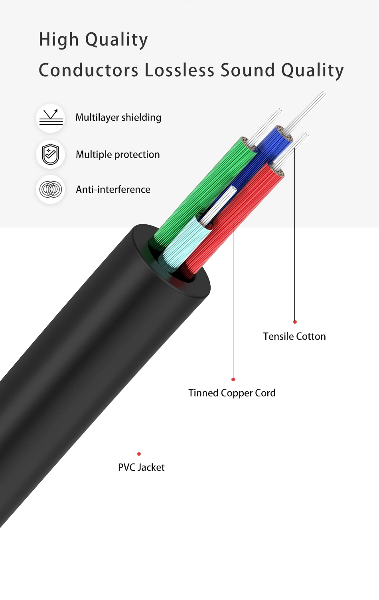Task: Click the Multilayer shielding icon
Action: click(51, 118)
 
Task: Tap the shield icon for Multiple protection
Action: click(51, 154)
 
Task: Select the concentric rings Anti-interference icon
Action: click(51, 189)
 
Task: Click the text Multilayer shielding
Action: click(118, 118)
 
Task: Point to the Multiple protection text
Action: click(118, 154)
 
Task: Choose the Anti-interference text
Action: click(113, 189)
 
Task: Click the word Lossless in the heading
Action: click(180, 70)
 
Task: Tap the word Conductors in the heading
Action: click(89, 70)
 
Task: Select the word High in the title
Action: click(59, 40)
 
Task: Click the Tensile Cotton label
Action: click(294, 337)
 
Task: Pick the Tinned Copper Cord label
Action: click(232, 393)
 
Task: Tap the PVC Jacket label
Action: click(141, 467)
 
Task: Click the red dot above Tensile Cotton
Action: click(295, 322)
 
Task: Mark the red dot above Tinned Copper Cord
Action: click(233, 379)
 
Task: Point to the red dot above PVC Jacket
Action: click(139, 454)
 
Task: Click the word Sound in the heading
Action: click(248, 70)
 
